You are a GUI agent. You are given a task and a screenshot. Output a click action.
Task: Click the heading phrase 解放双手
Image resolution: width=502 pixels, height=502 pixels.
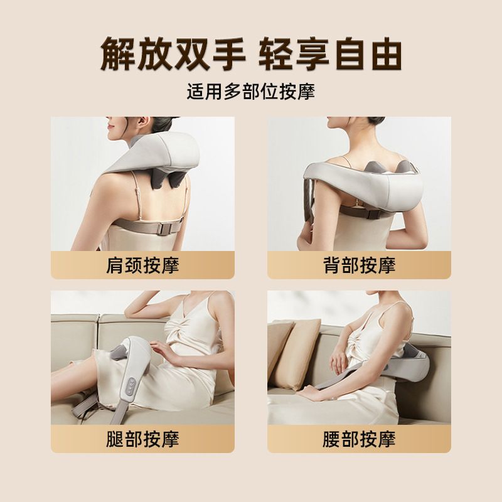click(173, 54)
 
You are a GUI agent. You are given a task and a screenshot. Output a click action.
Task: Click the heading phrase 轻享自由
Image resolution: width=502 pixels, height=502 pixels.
click(330, 54)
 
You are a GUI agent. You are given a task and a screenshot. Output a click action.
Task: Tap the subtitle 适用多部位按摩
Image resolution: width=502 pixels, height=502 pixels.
click(251, 92)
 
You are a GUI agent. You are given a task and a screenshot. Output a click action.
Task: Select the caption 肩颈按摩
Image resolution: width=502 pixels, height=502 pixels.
click(142, 265)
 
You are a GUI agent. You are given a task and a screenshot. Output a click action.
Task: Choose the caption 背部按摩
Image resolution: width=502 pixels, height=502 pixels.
click(359, 265)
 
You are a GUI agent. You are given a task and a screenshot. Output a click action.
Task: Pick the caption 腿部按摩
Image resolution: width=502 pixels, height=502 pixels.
click(142, 439)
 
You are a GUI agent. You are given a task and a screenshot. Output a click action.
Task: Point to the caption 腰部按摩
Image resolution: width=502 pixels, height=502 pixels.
click(359, 439)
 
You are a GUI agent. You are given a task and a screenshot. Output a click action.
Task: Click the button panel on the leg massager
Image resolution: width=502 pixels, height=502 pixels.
click(132, 387)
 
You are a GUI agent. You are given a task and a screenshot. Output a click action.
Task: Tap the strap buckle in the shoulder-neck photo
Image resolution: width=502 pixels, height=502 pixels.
click(166, 227)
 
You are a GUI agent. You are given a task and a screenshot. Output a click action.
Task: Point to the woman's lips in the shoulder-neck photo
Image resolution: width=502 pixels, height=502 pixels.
click(110, 127)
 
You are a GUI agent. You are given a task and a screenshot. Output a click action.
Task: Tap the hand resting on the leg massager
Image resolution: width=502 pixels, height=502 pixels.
click(163, 352)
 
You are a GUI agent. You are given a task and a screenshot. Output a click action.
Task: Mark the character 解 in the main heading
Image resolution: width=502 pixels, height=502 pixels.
click(118, 54)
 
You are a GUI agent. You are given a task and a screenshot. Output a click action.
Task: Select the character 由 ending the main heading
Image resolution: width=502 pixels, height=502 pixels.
click(386, 54)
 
